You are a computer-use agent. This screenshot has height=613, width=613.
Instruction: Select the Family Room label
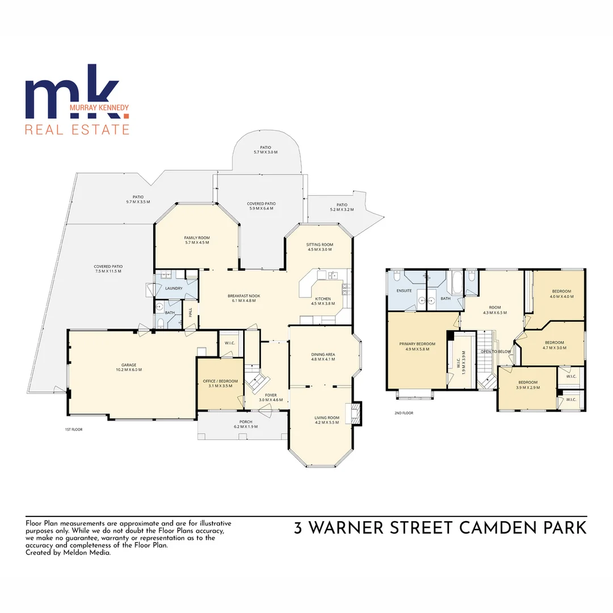[x=197, y=240]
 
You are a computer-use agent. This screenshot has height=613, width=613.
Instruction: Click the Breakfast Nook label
[x=243, y=298]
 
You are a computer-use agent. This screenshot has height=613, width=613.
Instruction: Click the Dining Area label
[x=323, y=356]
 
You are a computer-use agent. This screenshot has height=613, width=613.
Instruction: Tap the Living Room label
[x=326, y=420]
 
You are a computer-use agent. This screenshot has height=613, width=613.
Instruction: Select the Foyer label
[x=271, y=397]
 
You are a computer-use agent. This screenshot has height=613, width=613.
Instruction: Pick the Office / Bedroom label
[x=220, y=383]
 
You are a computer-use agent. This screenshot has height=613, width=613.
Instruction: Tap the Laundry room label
[x=174, y=288]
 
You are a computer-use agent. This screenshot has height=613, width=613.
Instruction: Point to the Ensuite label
[x=404, y=291]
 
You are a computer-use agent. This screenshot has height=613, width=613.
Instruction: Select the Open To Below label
[x=496, y=351]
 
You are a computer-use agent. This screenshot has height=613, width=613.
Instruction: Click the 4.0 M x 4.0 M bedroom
[x=561, y=293]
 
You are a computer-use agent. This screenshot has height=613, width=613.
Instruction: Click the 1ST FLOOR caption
[x=74, y=430]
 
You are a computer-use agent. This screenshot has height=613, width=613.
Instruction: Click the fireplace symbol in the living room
[x=356, y=413]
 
